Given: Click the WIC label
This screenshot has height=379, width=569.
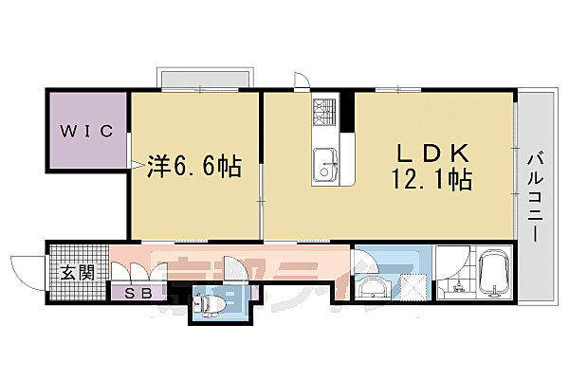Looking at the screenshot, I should click(x=87, y=130).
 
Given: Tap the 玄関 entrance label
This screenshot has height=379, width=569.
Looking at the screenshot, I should click(x=77, y=273).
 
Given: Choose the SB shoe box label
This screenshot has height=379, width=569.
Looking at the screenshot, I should click(x=139, y=294).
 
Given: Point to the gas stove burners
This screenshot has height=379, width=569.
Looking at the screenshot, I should click(x=323, y=114).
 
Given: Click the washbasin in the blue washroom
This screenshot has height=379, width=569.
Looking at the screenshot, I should click(x=372, y=286).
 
